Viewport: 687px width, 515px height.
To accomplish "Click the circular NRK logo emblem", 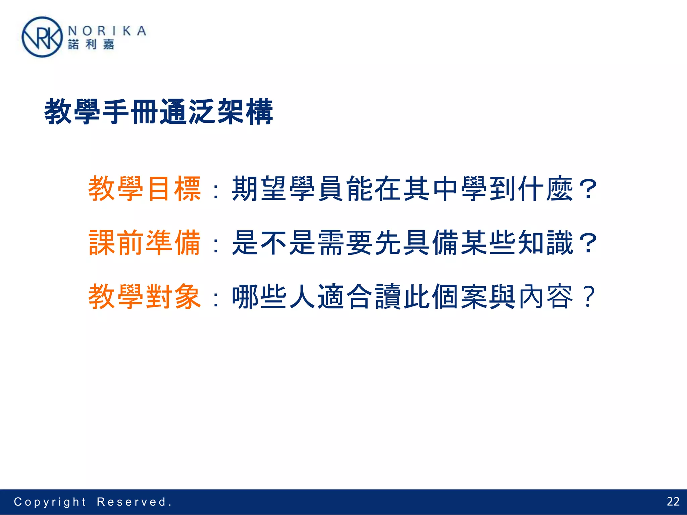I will pos(42,37).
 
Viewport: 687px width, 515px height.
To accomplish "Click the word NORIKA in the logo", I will pos(107,31).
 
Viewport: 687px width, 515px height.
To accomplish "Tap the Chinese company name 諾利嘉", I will pos(91,44).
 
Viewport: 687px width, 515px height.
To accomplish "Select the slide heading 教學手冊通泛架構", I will pos(159,112).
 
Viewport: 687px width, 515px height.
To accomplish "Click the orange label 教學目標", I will pos(145,189).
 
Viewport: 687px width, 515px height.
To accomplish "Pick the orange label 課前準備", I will pos(145,243).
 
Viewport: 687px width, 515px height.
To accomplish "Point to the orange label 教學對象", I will pos(145,297).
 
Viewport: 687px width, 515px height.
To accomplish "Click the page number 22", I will pos(673,501).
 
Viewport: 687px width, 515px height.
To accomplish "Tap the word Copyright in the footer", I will pos(50,502).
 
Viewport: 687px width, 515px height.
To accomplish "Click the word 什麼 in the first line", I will pos(546,189).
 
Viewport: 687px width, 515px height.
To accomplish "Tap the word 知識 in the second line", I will pos(546,243).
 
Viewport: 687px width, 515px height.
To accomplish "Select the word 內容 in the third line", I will pos(546,297).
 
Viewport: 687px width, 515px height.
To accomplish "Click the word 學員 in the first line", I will pos(317,189).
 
